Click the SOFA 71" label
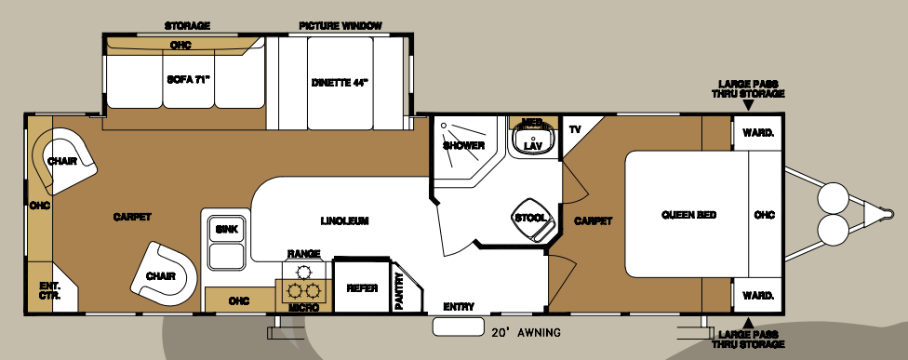click(x=188, y=80)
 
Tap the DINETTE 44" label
click(x=340, y=82)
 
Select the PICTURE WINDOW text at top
click(x=340, y=25)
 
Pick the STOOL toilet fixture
click(x=531, y=219)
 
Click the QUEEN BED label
click(x=688, y=215)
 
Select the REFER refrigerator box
click(x=362, y=288)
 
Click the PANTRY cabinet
click(x=399, y=288)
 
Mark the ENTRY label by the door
click(x=458, y=306)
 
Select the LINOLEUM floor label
click(x=345, y=221)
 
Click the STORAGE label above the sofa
click(x=187, y=25)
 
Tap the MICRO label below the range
click(x=303, y=307)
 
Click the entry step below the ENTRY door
click(x=458, y=327)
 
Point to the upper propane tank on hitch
click(x=831, y=197)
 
